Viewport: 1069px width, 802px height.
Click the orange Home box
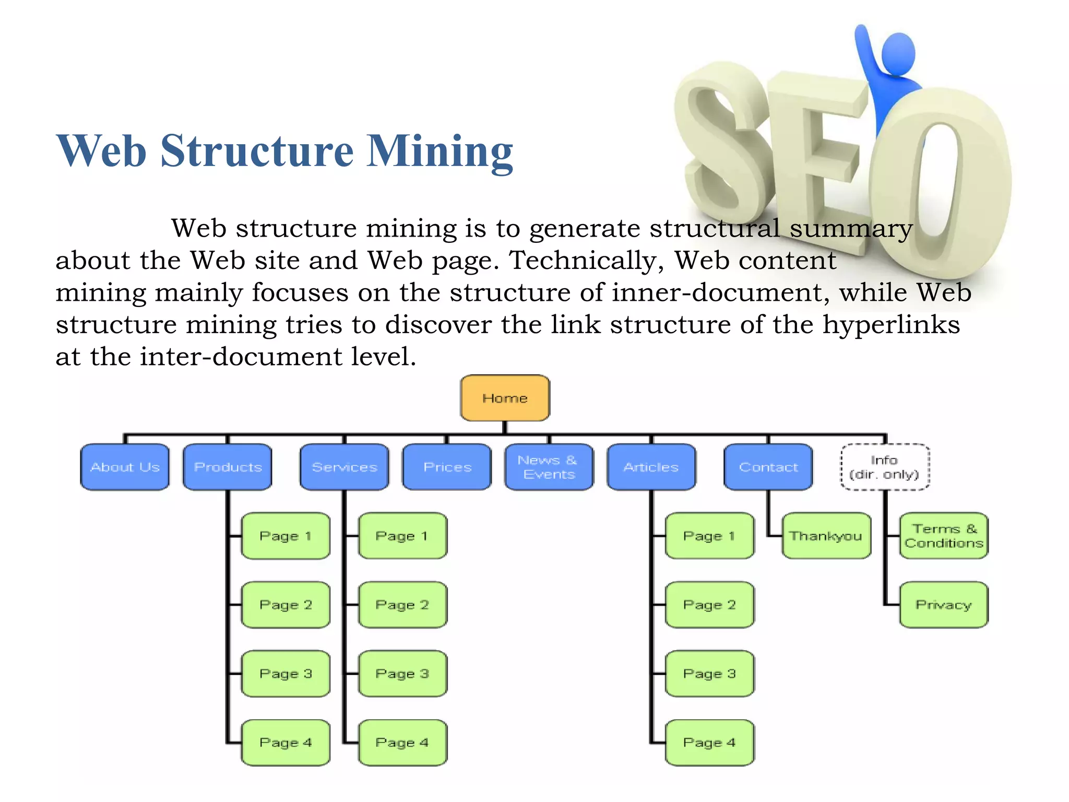pos(505,398)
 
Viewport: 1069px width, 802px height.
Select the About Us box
pos(125,467)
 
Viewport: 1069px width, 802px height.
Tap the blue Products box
pos(228,467)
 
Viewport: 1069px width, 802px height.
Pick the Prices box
pos(447,467)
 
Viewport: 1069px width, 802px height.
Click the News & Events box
pos(549,467)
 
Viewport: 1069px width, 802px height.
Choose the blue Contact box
pos(768,467)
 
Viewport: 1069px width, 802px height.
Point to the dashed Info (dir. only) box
pos(885,467)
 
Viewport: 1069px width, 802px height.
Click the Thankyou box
pos(826,536)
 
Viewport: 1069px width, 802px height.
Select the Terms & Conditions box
pos(944,536)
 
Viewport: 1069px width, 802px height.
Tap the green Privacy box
pos(944,605)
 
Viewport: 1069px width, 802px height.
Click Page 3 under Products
pos(286,674)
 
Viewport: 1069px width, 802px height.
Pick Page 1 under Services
pos(402,536)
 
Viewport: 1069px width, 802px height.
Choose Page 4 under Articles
pos(709,742)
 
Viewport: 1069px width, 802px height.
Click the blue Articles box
pos(651,467)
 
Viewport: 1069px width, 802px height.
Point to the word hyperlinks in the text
pos(891,325)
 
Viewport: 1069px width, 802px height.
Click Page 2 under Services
pos(402,605)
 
